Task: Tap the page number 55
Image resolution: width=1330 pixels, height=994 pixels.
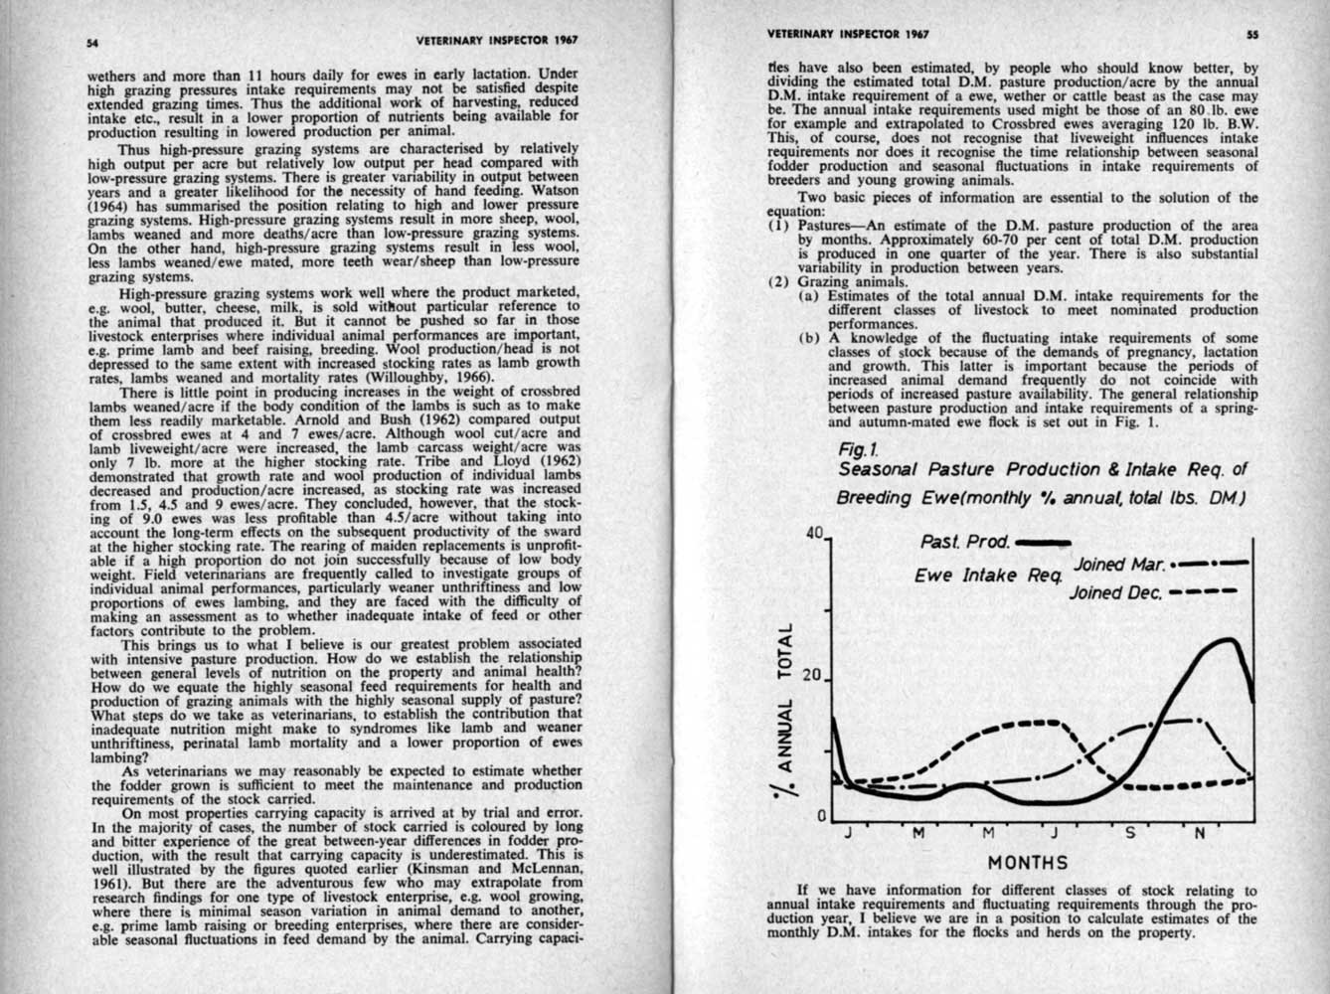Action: click(x=1252, y=33)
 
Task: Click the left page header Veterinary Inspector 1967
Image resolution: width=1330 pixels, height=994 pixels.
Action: click(x=497, y=40)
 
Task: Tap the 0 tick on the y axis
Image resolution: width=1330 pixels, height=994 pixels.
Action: click(x=821, y=816)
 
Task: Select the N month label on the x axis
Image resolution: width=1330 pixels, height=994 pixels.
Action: click(x=1199, y=833)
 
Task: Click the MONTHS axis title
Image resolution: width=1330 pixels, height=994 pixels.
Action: click(x=1028, y=862)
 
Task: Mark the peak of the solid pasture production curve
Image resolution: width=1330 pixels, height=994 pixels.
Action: click(x=1230, y=639)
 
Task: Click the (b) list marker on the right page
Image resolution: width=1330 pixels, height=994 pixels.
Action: click(x=809, y=337)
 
